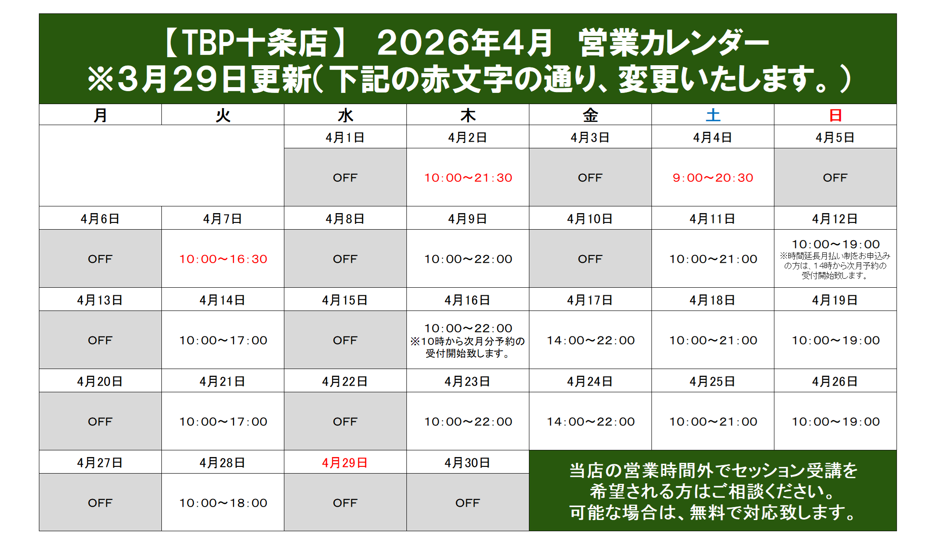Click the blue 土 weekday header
[x=713, y=115]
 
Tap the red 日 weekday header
[x=835, y=115]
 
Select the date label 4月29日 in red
[x=345, y=462]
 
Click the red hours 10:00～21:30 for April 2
[x=468, y=178]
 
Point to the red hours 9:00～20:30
[x=713, y=178]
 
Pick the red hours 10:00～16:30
[x=223, y=259]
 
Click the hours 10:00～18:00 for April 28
[x=223, y=503]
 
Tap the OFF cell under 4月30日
[x=468, y=503]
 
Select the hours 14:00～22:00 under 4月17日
[x=590, y=340]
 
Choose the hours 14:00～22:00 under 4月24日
[x=590, y=422]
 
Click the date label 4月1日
[x=345, y=138]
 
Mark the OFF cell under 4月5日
[x=835, y=178]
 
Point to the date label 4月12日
[x=835, y=219]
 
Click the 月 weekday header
[x=100, y=115]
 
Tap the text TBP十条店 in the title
[x=255, y=43]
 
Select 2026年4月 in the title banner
[x=465, y=43]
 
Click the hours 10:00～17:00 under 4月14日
[x=223, y=340]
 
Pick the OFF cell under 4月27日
[x=100, y=503]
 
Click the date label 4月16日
[x=468, y=300]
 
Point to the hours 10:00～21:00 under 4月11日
[x=713, y=259]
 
